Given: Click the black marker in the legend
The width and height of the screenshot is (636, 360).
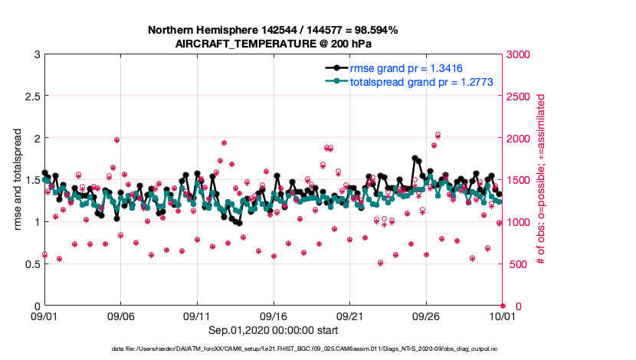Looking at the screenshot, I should [x=336, y=67].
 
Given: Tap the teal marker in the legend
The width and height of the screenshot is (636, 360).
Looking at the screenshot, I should [x=336, y=81].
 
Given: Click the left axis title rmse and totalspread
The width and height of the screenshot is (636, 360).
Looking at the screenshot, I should [x=16, y=180].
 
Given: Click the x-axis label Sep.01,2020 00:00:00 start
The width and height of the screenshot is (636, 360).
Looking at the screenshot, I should [x=274, y=330].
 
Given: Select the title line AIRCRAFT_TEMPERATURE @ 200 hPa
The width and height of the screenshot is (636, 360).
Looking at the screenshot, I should [x=273, y=43].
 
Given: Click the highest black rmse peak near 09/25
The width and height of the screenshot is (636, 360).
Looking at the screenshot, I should [x=415, y=158].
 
